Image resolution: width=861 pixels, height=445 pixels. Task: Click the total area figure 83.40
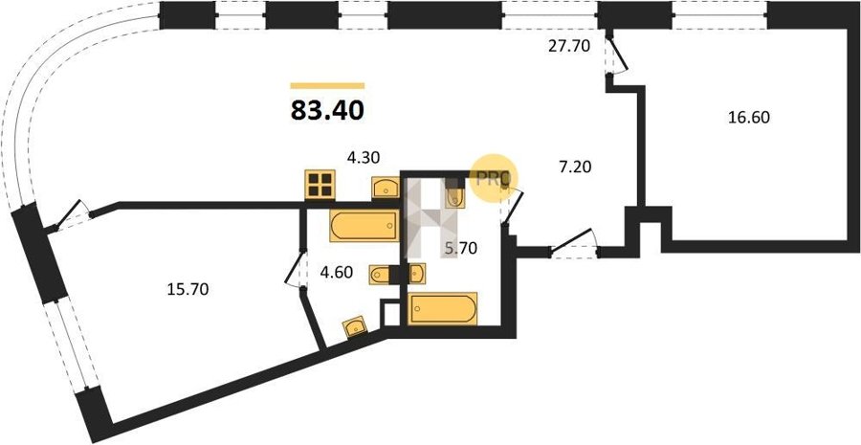[327, 110]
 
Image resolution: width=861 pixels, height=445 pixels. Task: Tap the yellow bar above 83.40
[327, 86]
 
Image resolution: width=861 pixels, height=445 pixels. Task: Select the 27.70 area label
[569, 46]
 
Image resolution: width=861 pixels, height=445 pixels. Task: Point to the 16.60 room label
[749, 117]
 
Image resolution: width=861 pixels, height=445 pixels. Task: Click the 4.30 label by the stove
[364, 158]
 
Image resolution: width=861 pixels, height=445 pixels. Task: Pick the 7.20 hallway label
[575, 167]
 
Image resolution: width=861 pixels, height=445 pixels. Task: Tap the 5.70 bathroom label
[460, 249]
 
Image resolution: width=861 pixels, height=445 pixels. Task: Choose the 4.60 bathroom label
[336, 272]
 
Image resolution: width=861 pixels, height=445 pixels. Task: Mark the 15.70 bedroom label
[188, 289]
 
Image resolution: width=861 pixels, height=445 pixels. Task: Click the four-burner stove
[320, 184]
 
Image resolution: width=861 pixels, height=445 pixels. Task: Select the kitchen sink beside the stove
[386, 188]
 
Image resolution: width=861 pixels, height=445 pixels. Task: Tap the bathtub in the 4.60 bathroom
[364, 225]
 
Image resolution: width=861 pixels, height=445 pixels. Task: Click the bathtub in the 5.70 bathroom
[443, 309]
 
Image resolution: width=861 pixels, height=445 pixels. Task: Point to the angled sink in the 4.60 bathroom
[355, 327]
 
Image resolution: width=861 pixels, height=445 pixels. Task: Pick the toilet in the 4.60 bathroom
[380, 274]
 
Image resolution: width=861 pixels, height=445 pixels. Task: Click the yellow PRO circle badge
[493, 178]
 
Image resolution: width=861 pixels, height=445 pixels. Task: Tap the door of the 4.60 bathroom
[295, 269]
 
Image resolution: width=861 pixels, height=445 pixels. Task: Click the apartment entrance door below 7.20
[574, 243]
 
